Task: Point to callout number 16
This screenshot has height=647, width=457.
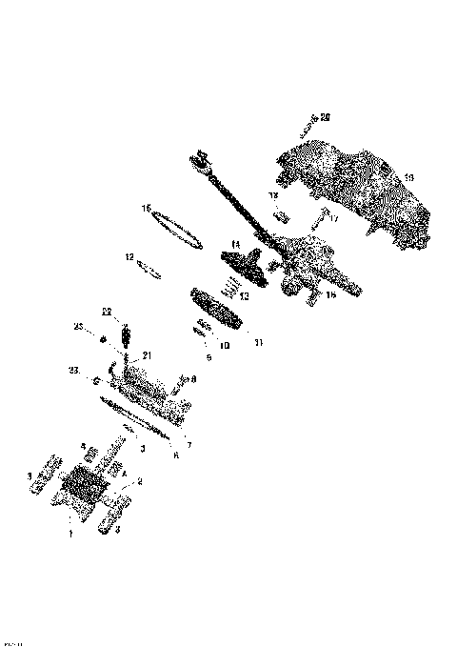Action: coord(331,295)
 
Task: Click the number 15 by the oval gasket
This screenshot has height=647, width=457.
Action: coord(147,207)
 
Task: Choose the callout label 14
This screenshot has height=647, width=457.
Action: coord(235,244)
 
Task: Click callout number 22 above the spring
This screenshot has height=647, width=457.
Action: coord(108,312)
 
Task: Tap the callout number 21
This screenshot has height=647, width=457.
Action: coord(147,354)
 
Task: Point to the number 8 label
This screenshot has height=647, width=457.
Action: coord(194,379)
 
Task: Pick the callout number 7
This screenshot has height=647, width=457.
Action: coord(189,445)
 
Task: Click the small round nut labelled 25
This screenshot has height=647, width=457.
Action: coord(95,334)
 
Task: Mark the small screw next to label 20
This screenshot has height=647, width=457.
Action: coord(308,125)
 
